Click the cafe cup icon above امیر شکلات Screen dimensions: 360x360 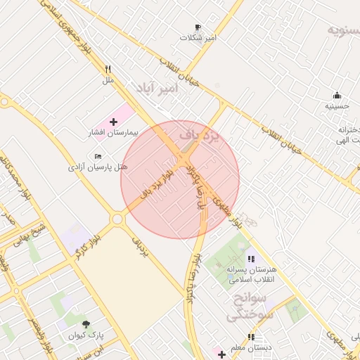tap(198, 27)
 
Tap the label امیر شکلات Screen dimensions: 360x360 tap(198, 37)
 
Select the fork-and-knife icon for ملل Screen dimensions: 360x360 tap(108, 70)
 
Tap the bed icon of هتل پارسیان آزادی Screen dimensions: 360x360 tap(98, 155)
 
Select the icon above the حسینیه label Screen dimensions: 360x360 tap(337, 96)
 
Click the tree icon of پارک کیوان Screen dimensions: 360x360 tap(86, 324)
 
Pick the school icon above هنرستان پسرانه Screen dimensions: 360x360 tap(251, 259)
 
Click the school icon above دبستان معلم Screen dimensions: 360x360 tap(251, 337)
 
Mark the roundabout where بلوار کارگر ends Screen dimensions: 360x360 tap(117, 219)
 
